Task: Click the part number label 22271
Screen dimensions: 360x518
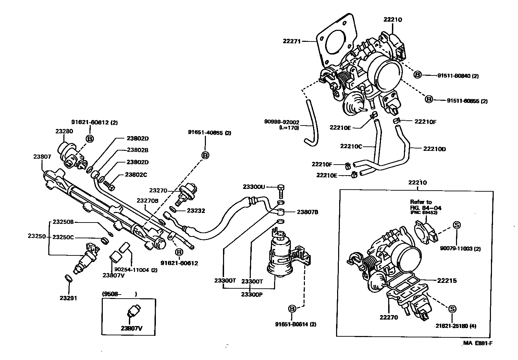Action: point(292,41)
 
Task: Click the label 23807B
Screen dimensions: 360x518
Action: point(307,212)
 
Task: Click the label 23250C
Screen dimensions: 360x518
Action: point(63,237)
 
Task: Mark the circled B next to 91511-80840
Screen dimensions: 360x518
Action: point(417,75)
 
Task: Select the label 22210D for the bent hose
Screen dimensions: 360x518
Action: point(434,149)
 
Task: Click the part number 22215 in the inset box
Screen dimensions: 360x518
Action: point(447,280)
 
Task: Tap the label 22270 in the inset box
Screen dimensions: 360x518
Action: point(388,317)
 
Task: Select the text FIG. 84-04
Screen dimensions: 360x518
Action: point(425,208)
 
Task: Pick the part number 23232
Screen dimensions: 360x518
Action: point(196,211)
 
